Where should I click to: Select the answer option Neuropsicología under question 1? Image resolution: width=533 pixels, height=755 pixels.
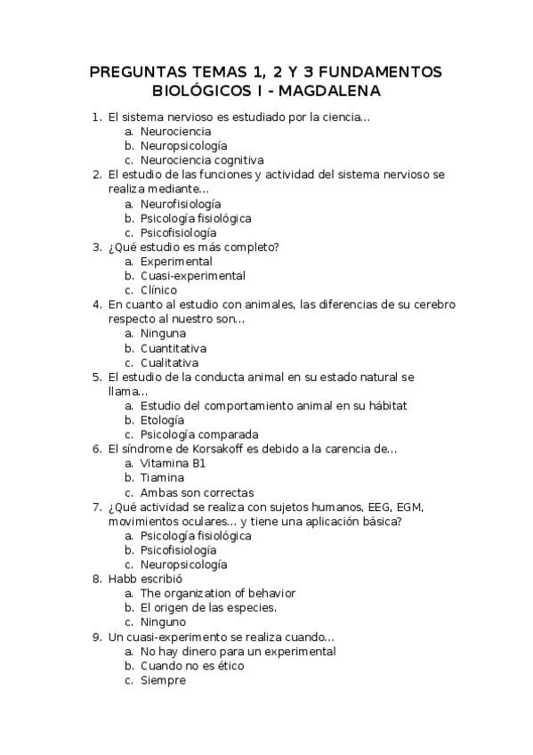183,145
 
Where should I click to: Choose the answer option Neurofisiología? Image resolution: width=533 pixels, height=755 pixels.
181,204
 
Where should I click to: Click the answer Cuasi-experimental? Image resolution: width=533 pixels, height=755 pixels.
192,276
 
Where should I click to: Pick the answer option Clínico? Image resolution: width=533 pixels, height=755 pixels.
158,290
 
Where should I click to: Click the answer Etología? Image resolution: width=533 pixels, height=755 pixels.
162,420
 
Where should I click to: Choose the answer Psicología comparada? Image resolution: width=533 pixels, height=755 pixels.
193,434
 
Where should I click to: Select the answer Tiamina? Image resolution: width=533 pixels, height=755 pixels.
162,478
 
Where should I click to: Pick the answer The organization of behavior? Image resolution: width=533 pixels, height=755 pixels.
218,593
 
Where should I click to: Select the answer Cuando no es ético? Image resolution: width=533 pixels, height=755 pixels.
191,666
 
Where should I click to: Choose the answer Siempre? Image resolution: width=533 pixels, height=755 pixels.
163,680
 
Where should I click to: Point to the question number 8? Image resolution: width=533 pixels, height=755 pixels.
96,579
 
